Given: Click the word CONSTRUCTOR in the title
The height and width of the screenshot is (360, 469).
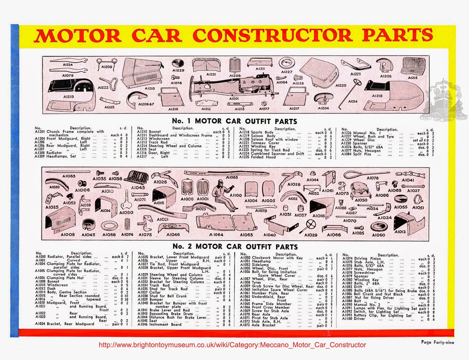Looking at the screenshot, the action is coord(272,36).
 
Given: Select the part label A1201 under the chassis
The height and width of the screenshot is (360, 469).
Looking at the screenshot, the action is coord(234,99).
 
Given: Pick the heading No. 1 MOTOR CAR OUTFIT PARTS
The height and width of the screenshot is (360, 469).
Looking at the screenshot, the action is coord(234,121).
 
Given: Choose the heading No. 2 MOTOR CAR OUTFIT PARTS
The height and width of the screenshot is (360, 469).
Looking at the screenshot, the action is coord(235,247).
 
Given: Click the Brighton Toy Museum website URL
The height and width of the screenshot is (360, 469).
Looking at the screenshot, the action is coord(232,345).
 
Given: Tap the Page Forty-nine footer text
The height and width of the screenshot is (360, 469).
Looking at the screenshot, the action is coord(437,342).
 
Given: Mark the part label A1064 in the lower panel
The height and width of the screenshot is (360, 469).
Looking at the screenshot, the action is coord(216,235).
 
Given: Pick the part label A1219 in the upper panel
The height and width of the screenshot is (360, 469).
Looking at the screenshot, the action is coord(69,97).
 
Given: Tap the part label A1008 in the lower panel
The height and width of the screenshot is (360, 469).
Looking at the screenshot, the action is coord(68,235).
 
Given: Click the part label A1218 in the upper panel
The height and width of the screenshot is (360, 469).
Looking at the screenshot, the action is coord(377,96).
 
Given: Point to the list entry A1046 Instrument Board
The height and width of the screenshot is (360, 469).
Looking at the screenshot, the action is coord(160,324).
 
